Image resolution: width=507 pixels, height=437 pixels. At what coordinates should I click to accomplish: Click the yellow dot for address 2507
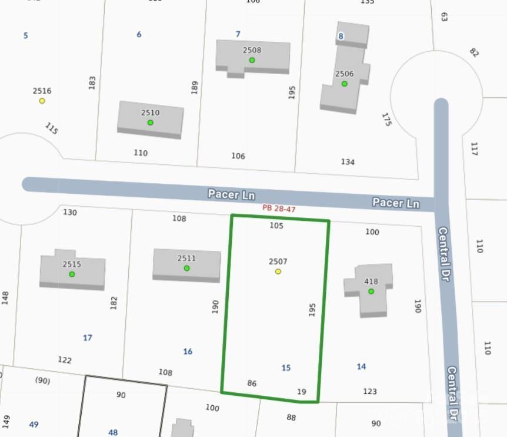tap(278, 272)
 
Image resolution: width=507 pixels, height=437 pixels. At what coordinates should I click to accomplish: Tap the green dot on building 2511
tap(186, 268)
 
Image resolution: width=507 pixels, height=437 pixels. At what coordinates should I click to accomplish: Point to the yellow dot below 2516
tap(42, 101)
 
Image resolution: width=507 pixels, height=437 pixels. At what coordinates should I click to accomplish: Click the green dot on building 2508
tap(252, 60)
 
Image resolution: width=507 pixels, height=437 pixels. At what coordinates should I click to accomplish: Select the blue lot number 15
tap(286, 368)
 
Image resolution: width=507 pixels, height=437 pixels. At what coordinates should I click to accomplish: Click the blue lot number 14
tap(361, 366)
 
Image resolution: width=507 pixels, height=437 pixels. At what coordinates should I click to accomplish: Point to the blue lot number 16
tap(188, 352)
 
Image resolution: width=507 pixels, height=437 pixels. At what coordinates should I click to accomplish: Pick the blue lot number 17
tap(88, 337)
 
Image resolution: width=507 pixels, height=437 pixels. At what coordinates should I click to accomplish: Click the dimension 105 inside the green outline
tap(276, 226)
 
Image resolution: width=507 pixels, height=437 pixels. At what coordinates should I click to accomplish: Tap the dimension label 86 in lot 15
tap(252, 383)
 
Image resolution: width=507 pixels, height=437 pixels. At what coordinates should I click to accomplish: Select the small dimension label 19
tap(302, 392)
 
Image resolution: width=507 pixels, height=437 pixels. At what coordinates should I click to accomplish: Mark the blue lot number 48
tap(113, 432)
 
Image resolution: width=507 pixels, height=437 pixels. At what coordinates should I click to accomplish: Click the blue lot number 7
tap(238, 34)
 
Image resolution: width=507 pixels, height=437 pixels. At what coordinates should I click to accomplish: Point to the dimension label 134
tap(348, 161)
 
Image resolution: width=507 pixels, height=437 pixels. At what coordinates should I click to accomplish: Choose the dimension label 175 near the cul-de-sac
tap(386, 120)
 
